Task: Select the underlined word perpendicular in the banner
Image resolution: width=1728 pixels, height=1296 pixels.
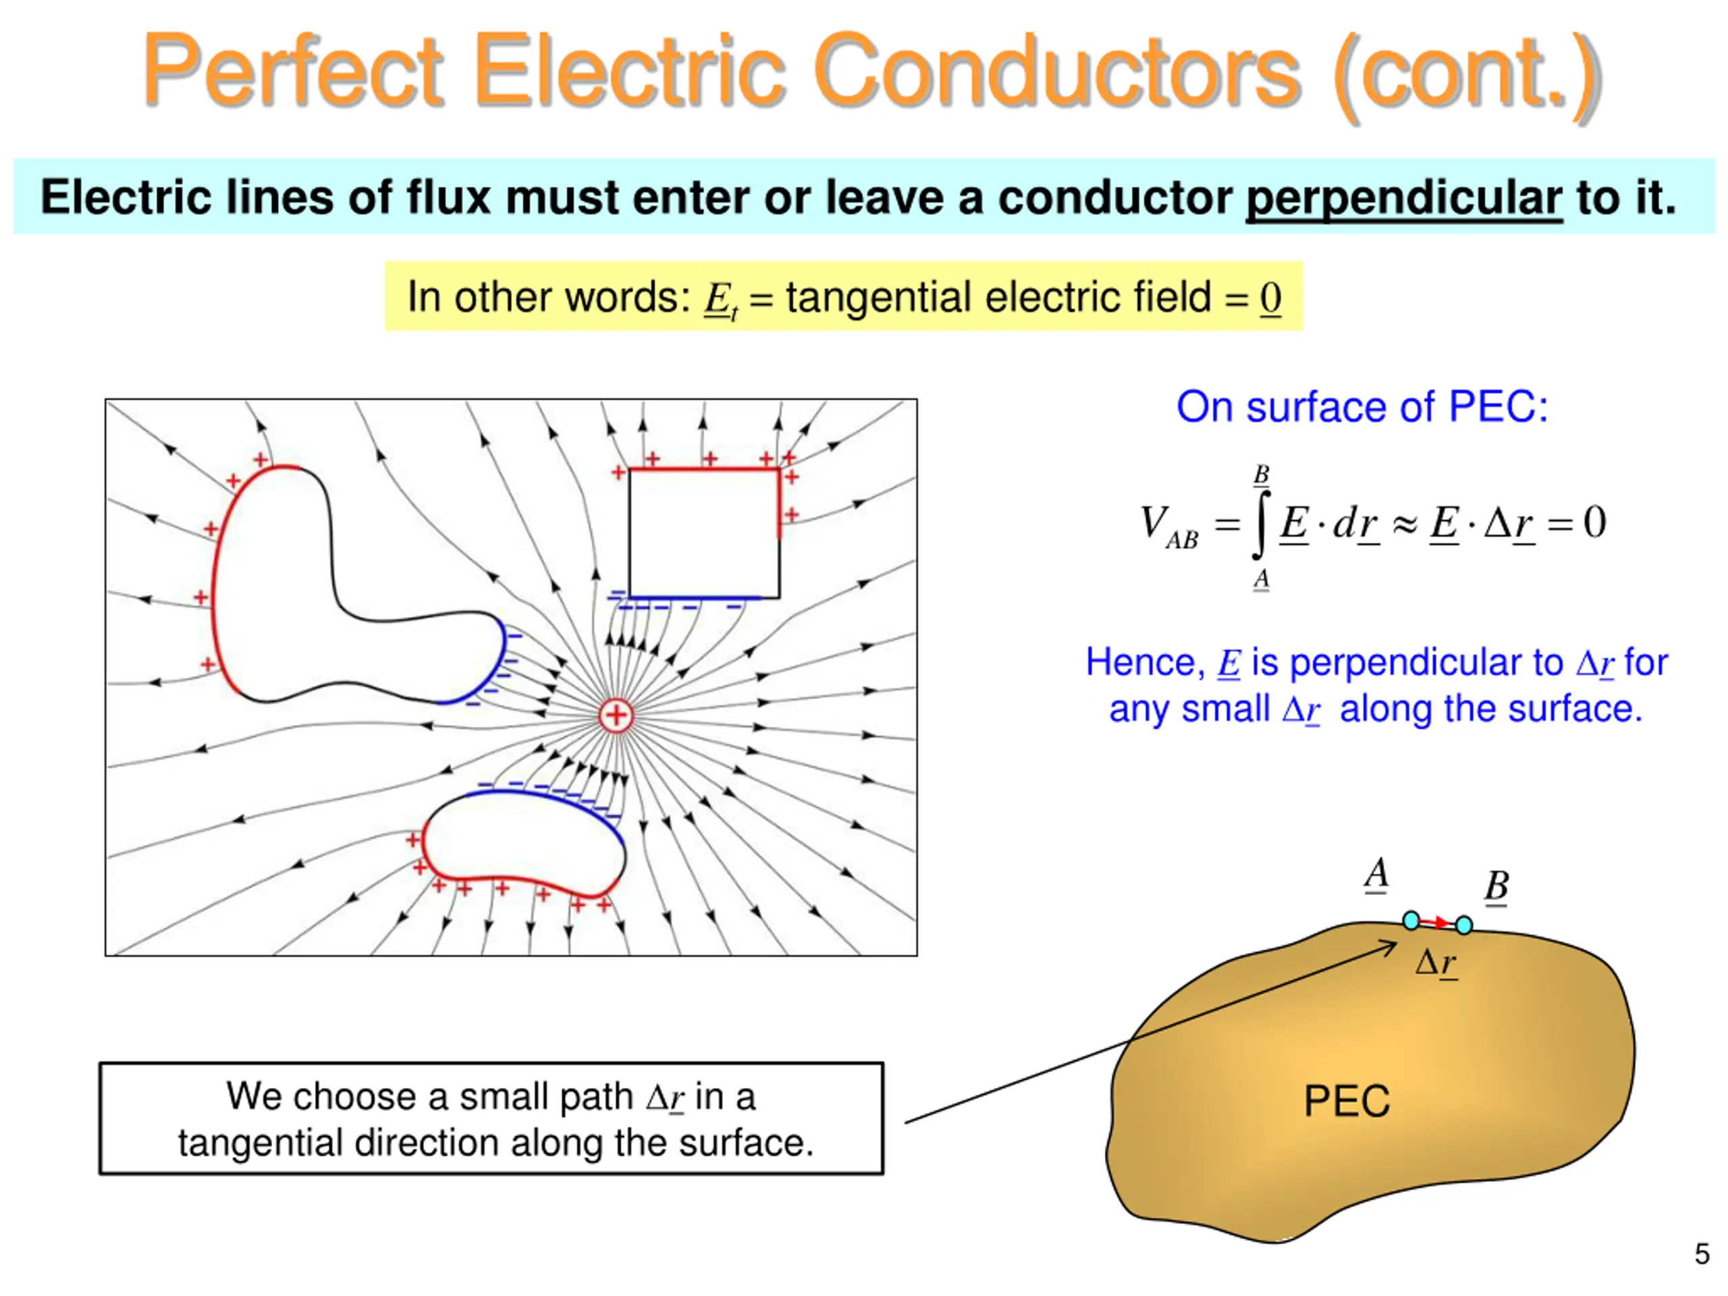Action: point(1404,197)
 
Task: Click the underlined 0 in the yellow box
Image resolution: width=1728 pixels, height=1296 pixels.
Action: point(1270,298)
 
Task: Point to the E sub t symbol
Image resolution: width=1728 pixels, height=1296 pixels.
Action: point(720,299)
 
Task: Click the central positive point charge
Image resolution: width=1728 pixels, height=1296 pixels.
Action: point(616,715)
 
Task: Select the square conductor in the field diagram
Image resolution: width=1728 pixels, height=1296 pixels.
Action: point(704,533)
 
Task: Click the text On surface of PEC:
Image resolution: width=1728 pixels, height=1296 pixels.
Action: point(1361,407)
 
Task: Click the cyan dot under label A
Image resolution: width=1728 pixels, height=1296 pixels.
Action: point(1411,920)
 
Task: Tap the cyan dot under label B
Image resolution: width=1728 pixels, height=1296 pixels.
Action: point(1464,925)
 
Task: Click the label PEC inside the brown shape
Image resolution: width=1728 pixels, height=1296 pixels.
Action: point(1347,1102)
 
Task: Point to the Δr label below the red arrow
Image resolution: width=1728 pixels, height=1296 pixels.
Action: point(1436,963)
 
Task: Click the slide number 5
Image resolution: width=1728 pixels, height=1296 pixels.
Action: point(1702,1254)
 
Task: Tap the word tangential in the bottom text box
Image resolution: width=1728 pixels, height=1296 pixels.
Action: point(262,1143)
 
